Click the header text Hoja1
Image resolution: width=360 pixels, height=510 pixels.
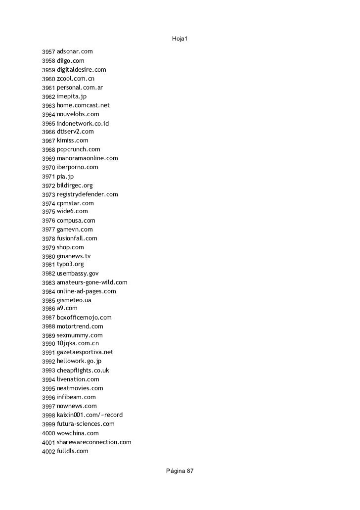click(x=180, y=39)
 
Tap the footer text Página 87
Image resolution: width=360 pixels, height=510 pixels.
click(x=180, y=471)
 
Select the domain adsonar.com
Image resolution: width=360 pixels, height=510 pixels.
click(x=75, y=51)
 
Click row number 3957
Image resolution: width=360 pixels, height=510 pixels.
click(x=48, y=52)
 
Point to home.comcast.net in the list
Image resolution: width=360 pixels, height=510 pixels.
click(x=83, y=105)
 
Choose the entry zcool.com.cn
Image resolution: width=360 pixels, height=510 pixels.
click(x=76, y=79)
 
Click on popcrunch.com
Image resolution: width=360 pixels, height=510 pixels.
click(x=78, y=149)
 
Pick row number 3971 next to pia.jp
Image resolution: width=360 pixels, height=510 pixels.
click(x=48, y=177)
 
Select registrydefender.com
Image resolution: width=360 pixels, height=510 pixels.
click(x=87, y=194)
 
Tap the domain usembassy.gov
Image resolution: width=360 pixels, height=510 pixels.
click(x=78, y=274)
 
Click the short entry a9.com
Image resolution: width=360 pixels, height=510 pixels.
click(x=67, y=308)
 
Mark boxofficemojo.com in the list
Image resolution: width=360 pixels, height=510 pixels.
click(x=84, y=318)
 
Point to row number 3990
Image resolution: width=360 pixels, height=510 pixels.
click(x=48, y=344)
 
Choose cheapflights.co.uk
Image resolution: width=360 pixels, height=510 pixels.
click(x=83, y=371)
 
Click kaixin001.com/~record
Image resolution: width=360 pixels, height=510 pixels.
click(x=90, y=415)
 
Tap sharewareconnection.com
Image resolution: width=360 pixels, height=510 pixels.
click(x=94, y=442)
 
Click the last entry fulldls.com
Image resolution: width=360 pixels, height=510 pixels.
click(x=72, y=451)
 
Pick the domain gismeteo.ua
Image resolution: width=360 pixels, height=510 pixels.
click(x=74, y=300)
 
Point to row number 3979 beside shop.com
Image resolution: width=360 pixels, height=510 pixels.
click(x=48, y=248)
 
